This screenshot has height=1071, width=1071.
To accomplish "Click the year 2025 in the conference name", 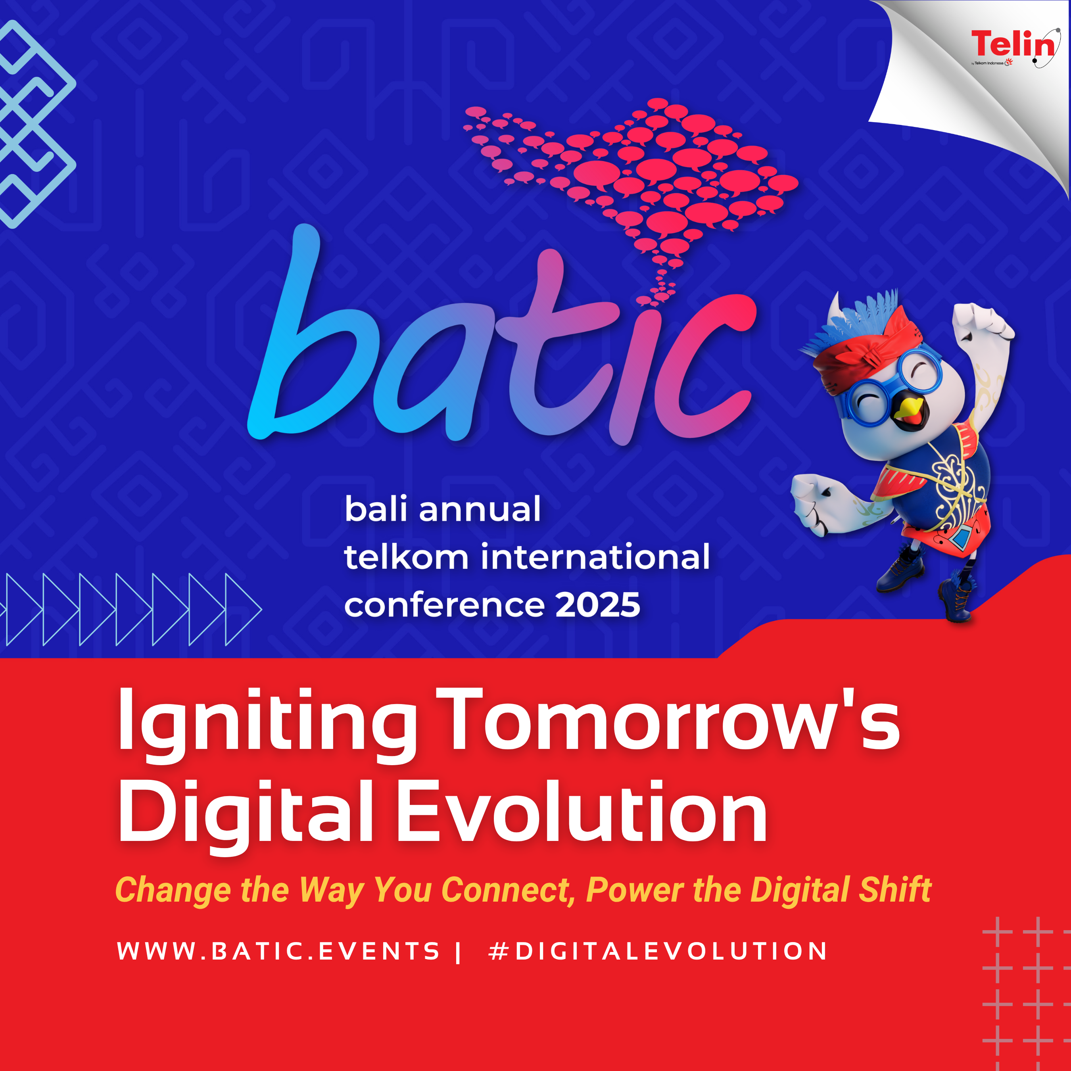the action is (598, 605).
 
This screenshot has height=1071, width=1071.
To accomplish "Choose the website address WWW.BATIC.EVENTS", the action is (278, 951).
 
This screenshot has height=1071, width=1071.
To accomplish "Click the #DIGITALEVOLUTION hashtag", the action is (657, 951).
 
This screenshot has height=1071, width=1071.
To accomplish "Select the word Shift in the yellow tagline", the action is (895, 889).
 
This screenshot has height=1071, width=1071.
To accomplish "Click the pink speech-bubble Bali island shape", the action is (632, 188).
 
